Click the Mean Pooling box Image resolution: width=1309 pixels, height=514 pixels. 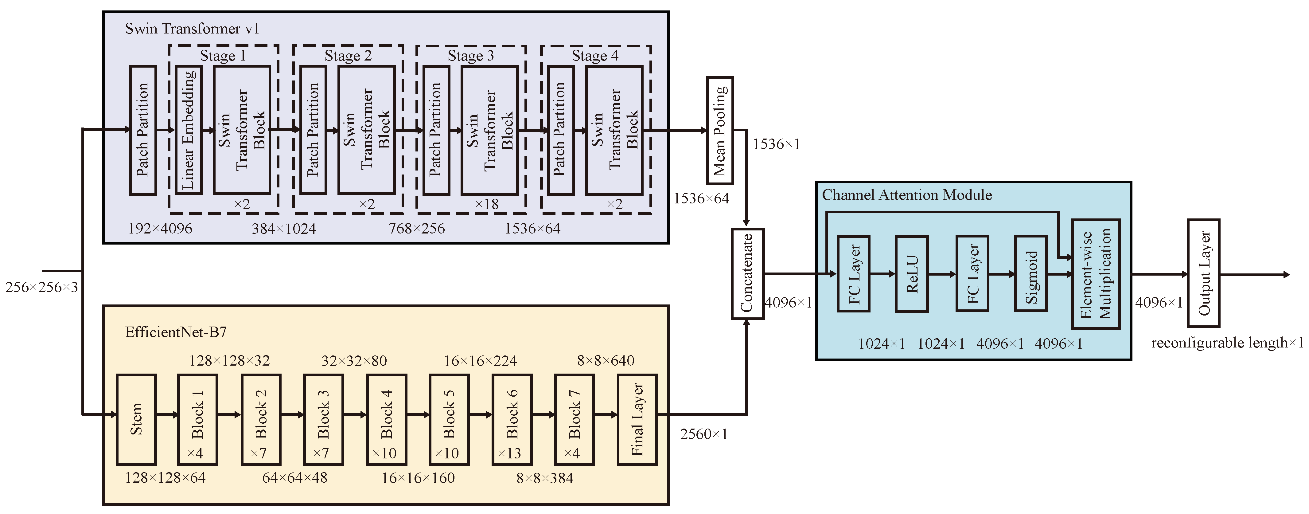coord(719,130)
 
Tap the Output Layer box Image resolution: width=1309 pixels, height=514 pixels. coord(1203,273)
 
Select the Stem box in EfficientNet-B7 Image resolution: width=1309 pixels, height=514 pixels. coord(136,419)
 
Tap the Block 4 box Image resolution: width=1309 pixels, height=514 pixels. coord(387,419)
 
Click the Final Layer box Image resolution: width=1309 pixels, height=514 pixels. coord(637,419)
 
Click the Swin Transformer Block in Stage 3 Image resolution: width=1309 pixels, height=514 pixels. coord(489,130)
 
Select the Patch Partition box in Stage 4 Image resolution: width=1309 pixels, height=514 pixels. coord(561,130)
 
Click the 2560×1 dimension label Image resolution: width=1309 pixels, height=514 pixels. coord(704,434)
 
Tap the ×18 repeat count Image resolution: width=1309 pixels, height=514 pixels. coord(486,204)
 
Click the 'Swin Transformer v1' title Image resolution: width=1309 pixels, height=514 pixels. coord(192,29)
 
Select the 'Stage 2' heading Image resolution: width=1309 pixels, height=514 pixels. coord(348,55)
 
